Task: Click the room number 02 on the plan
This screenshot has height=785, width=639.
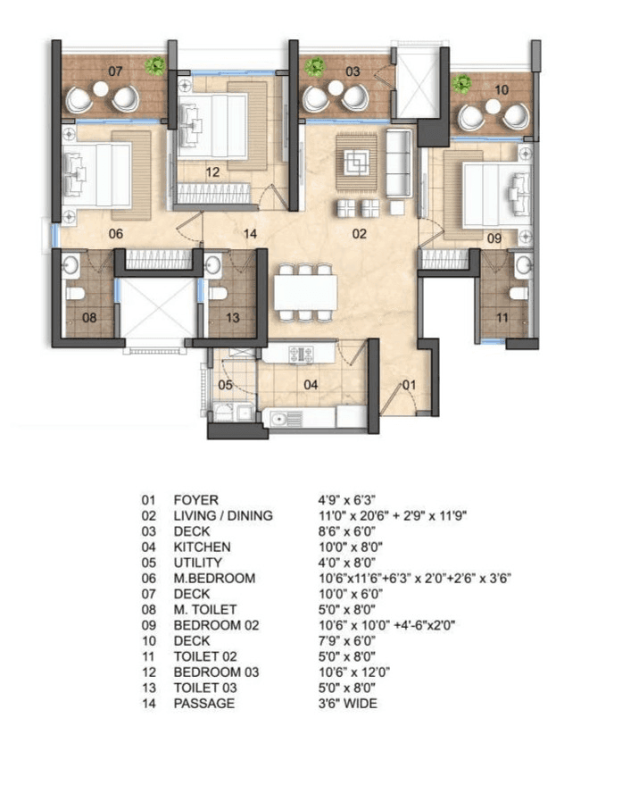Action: pyautogui.click(x=359, y=235)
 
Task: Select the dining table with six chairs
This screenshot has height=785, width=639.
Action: pyautogui.click(x=306, y=291)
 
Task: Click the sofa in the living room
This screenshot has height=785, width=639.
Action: pyautogui.click(x=398, y=163)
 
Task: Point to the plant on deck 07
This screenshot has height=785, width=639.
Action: pyautogui.click(x=157, y=64)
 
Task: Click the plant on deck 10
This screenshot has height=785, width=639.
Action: pyautogui.click(x=461, y=85)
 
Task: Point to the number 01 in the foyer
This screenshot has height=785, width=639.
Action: pyautogui.click(x=409, y=386)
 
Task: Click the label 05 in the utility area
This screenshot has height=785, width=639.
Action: pyautogui.click(x=226, y=386)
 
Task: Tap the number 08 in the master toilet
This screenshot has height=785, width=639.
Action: pyautogui.click(x=90, y=318)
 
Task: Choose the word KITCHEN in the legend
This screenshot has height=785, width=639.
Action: pyautogui.click(x=202, y=547)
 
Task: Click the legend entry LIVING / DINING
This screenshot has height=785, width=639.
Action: pyautogui.click(x=223, y=515)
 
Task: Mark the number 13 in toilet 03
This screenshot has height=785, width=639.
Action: pyautogui.click(x=232, y=318)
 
